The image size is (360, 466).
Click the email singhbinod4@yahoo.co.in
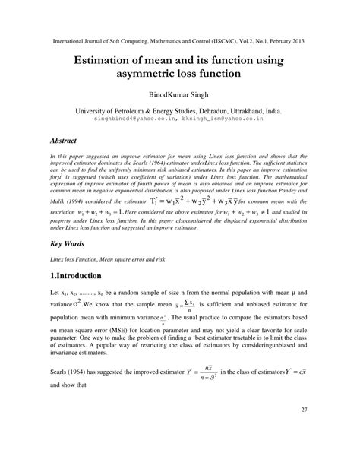[134, 119]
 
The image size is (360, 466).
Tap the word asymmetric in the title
[156, 74]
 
